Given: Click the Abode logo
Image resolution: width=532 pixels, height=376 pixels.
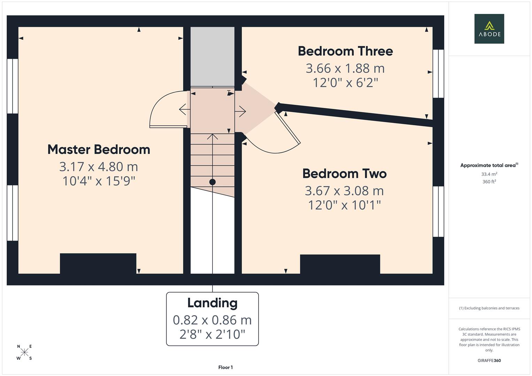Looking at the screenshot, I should click(489, 29).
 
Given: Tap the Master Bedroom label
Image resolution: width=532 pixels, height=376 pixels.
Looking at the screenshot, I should click(99, 150).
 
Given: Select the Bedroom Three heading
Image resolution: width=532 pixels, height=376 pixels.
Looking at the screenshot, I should click(345, 51).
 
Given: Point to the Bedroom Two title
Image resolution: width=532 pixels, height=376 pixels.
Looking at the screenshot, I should click(344, 173).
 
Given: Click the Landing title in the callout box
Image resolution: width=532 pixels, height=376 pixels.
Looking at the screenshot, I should click(212, 303).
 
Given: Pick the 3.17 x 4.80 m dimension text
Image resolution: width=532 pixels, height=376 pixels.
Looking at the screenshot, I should click(99, 167).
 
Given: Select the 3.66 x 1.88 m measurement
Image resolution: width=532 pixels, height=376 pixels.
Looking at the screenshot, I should click(345, 68).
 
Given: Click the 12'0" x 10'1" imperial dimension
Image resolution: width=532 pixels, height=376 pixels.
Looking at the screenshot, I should click(344, 205).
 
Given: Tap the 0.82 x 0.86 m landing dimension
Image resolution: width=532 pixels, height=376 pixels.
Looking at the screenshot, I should click(212, 320).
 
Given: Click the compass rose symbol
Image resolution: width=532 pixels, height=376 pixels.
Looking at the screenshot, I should click(24, 352).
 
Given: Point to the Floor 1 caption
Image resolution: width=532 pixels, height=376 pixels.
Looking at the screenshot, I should click(225, 367).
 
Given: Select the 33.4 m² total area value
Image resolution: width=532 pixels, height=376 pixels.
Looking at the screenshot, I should click(489, 174).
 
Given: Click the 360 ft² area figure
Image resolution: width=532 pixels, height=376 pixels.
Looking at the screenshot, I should click(489, 182).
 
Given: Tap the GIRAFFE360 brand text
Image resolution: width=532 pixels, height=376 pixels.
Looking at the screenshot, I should click(489, 361).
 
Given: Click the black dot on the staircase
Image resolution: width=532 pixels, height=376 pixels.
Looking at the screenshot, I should click(212, 182).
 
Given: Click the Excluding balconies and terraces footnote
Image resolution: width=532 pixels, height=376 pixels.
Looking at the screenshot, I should click(489, 308).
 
